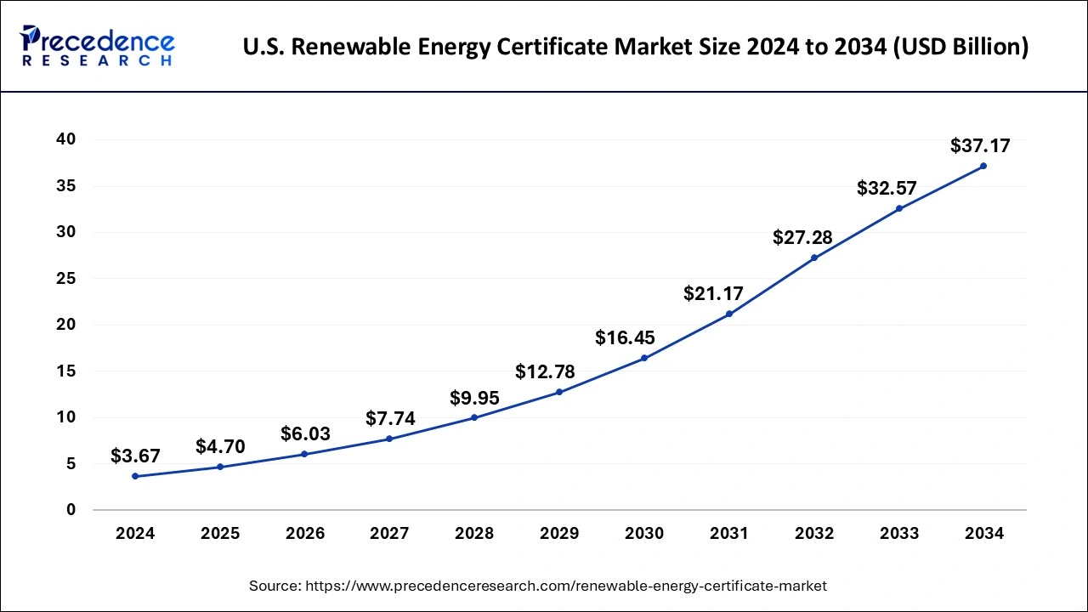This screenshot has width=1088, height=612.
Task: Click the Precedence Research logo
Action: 98,46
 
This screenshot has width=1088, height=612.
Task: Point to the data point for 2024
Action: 135,476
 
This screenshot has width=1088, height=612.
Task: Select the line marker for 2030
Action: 644,358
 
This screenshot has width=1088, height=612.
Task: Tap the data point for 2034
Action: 983,166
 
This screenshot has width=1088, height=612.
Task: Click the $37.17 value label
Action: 980,146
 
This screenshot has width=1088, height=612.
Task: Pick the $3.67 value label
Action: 135,456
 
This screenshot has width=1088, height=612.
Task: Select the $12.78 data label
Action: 545,371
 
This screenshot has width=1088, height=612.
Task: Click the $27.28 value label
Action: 802,238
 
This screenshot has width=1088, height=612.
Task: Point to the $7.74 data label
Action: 390,418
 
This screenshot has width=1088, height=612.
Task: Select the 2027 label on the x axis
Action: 389,534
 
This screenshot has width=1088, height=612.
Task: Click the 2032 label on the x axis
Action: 813,534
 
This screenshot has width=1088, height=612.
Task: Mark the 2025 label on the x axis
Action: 220,534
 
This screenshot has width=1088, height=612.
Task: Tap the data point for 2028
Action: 474,417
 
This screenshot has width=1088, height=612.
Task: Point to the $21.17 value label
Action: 713,294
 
